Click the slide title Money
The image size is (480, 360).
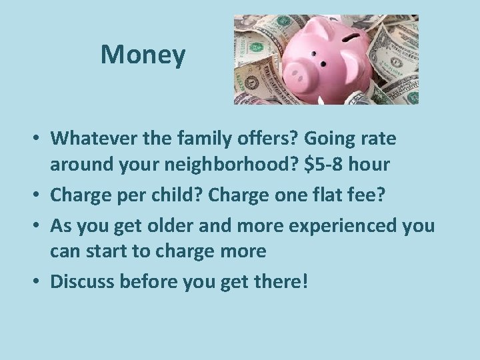point(143,55)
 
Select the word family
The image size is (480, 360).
point(205,139)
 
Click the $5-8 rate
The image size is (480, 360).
point(328,164)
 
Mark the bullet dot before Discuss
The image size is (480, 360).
point(40,282)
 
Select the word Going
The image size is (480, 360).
point(331,139)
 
